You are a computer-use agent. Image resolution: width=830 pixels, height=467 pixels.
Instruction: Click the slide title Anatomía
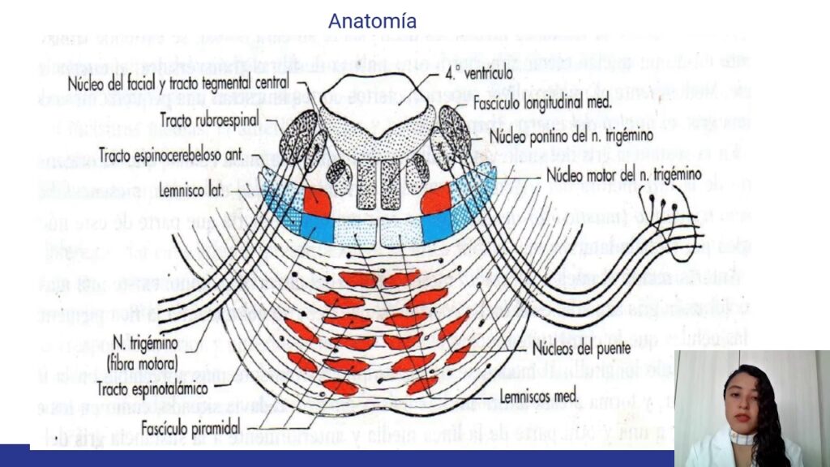click(x=372, y=20)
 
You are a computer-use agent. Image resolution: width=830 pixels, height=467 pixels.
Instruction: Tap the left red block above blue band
click(x=317, y=202)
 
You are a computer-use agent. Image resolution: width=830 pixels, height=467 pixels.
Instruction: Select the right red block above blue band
click(x=435, y=200)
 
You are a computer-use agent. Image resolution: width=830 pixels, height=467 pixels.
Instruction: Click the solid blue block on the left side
click(x=317, y=229)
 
